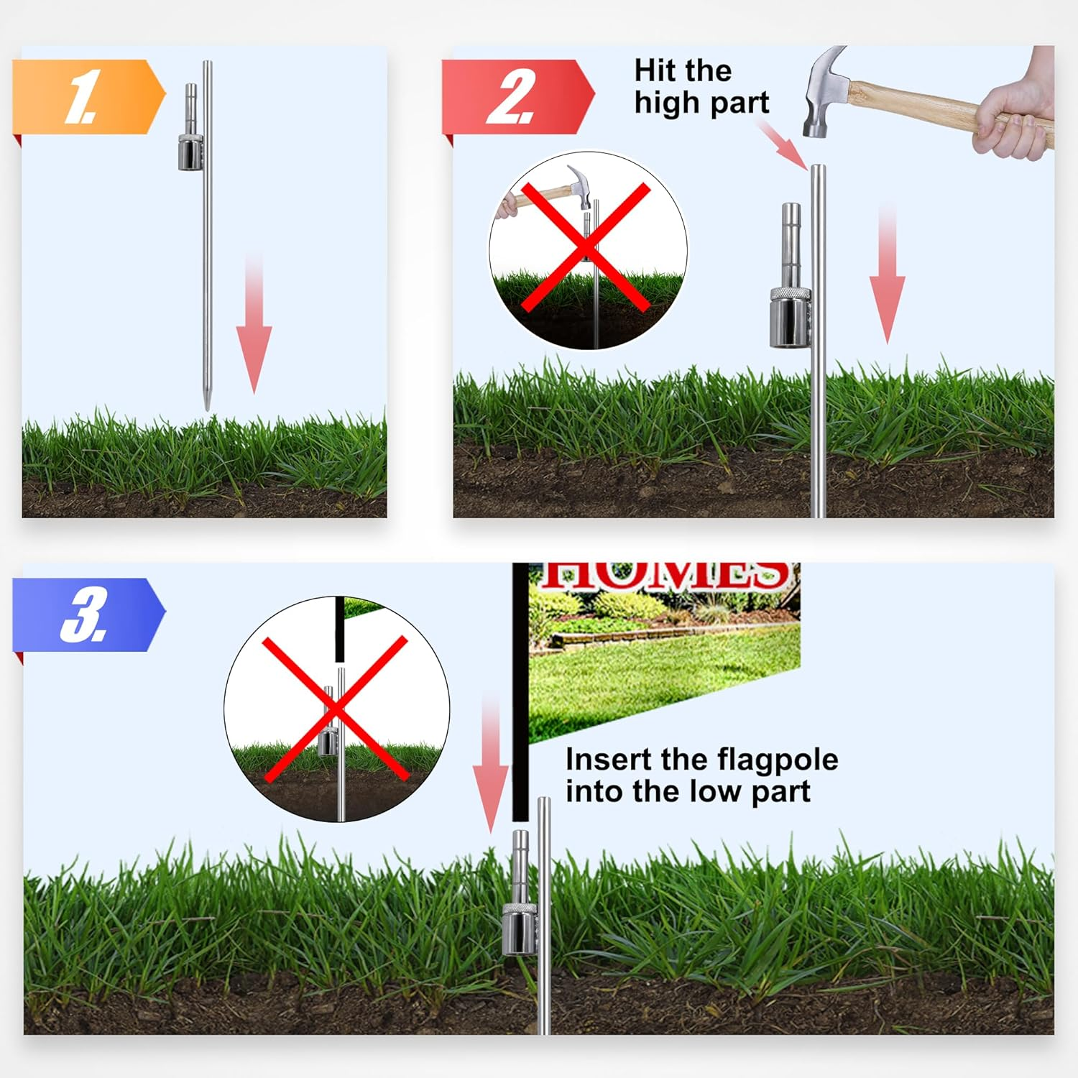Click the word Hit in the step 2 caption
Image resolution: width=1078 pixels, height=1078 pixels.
[x=655, y=71]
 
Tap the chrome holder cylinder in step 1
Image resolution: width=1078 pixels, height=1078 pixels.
[x=190, y=153]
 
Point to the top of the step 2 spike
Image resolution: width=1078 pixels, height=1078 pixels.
[x=818, y=170]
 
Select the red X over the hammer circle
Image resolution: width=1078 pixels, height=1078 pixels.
[x=586, y=247]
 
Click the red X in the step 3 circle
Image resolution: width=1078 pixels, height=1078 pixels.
[x=336, y=709]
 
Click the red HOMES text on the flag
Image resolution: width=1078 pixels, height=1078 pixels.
[x=665, y=575]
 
